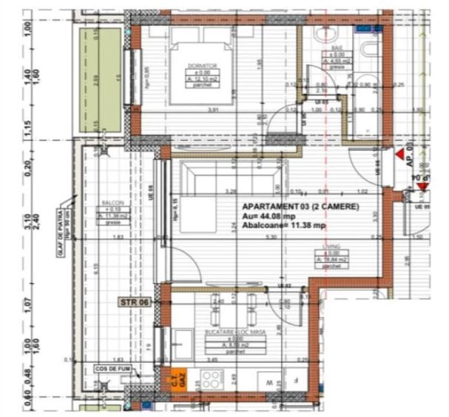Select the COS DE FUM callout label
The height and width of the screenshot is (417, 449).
[x=112, y=367]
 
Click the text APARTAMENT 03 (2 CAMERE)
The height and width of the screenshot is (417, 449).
[x=300, y=207]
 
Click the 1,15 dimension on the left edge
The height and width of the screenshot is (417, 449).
[x=27, y=127]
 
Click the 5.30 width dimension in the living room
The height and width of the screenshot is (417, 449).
[x=271, y=238]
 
